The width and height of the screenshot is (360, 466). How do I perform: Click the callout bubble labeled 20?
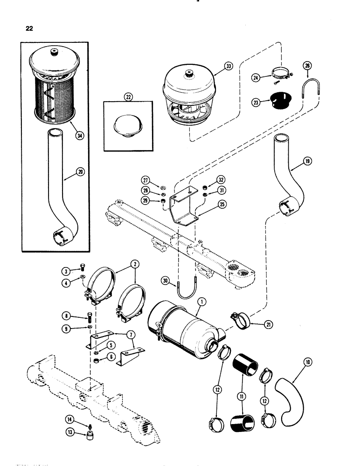point(68,172)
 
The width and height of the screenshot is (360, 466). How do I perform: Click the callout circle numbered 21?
point(267,325)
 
